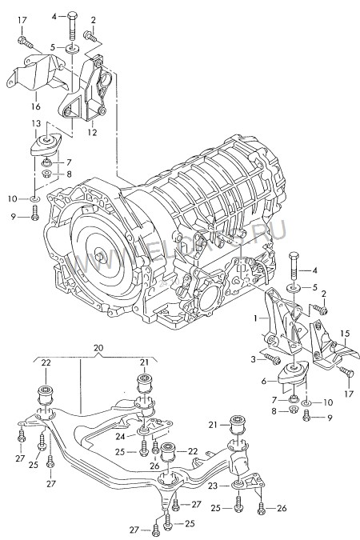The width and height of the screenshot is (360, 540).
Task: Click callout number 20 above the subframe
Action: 98,348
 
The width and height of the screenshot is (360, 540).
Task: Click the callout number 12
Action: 93,133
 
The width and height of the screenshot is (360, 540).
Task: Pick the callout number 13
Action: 36,123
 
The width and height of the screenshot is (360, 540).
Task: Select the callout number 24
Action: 118,436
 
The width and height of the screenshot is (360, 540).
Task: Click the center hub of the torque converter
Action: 101,257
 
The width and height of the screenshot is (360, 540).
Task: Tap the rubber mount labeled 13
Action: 46,146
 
